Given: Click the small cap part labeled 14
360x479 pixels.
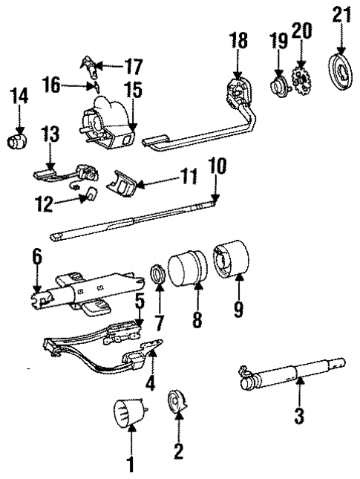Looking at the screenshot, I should coord(17,140).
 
